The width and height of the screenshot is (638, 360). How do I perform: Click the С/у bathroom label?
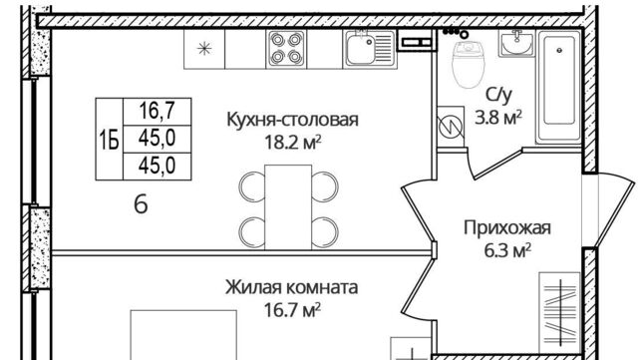498,96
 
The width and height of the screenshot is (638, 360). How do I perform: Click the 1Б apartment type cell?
108,138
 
